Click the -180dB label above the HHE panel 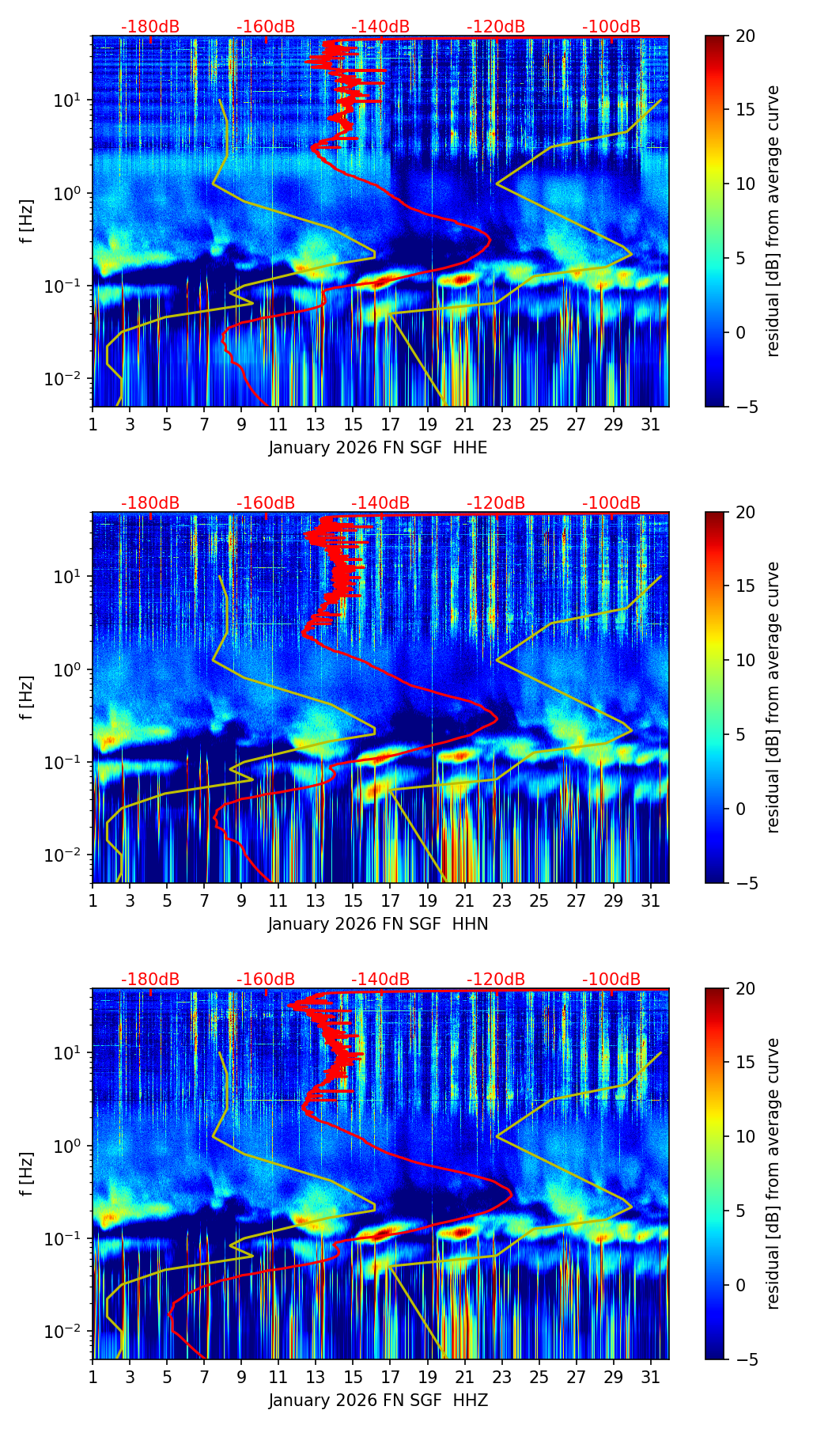(x=150, y=27)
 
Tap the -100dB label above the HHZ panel (x=611, y=980)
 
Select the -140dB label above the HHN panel (x=380, y=503)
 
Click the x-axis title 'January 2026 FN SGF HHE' (x=378, y=448)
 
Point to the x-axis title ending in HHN (x=378, y=924)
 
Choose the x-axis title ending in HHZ (x=378, y=1401)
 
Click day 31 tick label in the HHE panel (x=650, y=425)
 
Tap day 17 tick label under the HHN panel (x=390, y=901)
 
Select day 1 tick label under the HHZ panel (x=93, y=1378)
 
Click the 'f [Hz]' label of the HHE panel (x=28, y=221)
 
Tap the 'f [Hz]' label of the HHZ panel (x=28, y=1173)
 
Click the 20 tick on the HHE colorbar (x=745, y=36)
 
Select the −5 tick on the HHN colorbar (x=745, y=882)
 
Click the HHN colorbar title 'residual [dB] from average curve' (x=773, y=697)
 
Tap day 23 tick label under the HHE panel (x=501, y=425)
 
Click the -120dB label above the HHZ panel (x=496, y=980)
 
